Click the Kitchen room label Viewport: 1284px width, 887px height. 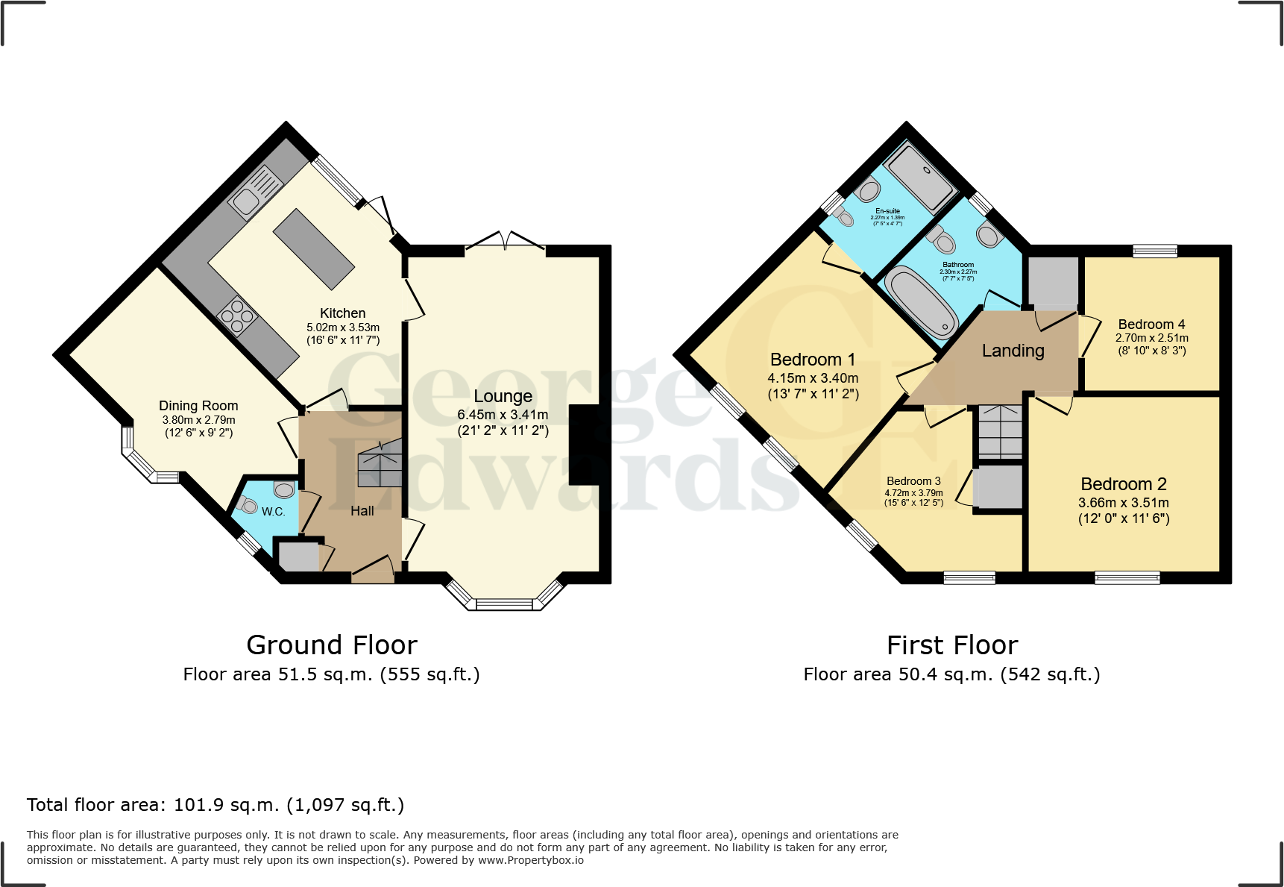click(342, 313)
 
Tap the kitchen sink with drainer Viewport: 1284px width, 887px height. click(254, 192)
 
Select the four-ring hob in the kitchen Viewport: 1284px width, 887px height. click(237, 316)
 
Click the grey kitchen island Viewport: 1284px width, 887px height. click(313, 249)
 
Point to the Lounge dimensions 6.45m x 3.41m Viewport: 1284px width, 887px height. click(503, 415)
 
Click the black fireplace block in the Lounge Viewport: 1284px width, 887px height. click(584, 445)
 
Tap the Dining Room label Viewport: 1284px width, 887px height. click(198, 406)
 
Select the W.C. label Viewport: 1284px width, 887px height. click(273, 512)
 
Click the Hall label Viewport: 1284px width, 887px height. click(362, 511)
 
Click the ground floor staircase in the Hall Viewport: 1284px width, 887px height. click(380, 464)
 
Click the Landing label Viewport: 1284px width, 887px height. click(1013, 351)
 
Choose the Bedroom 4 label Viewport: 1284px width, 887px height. click(1151, 325)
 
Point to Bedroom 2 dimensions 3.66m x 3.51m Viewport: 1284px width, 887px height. click(1123, 503)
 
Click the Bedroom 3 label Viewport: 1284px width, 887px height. click(913, 481)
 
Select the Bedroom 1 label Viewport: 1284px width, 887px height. click(813, 360)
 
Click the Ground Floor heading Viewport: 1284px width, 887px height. click(332, 645)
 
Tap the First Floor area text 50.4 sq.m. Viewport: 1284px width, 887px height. click(951, 674)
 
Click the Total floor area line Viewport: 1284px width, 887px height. click(215, 805)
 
